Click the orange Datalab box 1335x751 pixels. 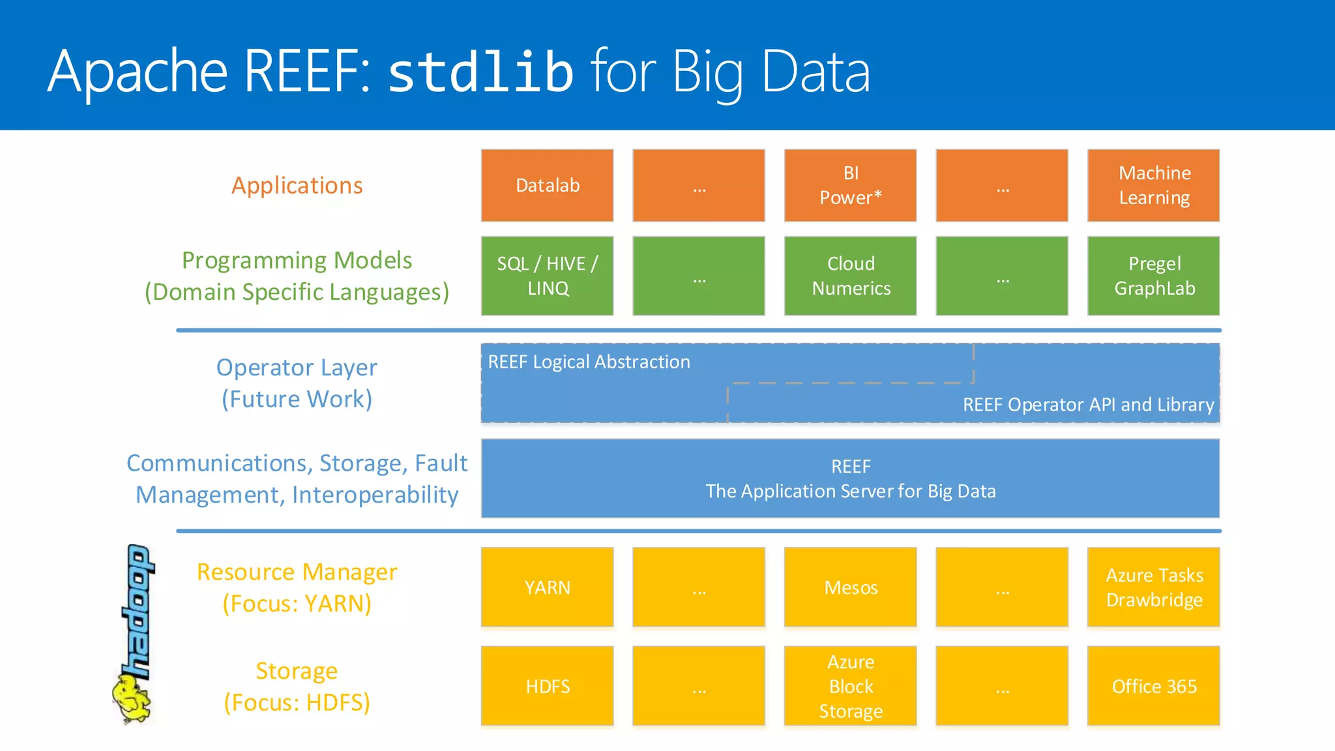(547, 185)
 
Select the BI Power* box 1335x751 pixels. (850, 185)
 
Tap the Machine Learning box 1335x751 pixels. (1154, 185)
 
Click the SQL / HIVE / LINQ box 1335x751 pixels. (547, 276)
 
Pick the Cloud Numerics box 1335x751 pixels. (850, 276)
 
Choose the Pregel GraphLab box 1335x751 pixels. (1154, 276)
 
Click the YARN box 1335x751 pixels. (547, 587)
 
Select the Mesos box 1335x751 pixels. (850, 587)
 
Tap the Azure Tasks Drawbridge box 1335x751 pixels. (1154, 587)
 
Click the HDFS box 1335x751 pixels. (547, 686)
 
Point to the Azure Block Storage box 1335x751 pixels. (850, 686)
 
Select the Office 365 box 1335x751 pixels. (1154, 686)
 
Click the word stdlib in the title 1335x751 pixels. (480, 72)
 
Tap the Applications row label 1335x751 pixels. (297, 186)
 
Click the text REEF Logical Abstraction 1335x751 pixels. (589, 362)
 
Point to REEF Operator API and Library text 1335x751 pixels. (1088, 405)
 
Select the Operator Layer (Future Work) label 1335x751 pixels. (297, 383)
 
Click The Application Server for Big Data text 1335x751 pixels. (850, 491)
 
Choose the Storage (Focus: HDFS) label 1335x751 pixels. (297, 686)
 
